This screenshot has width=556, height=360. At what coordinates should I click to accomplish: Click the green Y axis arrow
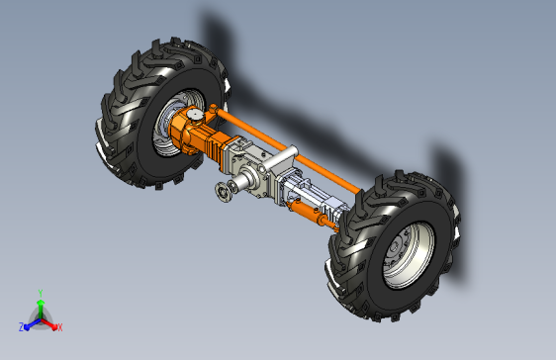[x=41, y=309]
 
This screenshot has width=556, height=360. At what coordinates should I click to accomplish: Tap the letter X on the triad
[x=60, y=327]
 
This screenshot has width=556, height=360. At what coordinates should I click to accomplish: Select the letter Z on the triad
[x=22, y=327]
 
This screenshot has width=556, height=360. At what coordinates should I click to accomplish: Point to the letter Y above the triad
[x=41, y=293]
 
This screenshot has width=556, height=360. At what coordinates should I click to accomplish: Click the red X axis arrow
[x=49, y=324]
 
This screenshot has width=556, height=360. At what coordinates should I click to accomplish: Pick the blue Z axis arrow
[x=33, y=323]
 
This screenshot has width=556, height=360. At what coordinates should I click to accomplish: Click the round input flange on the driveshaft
[x=222, y=193]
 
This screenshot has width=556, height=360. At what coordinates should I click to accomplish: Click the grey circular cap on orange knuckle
[x=195, y=115]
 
